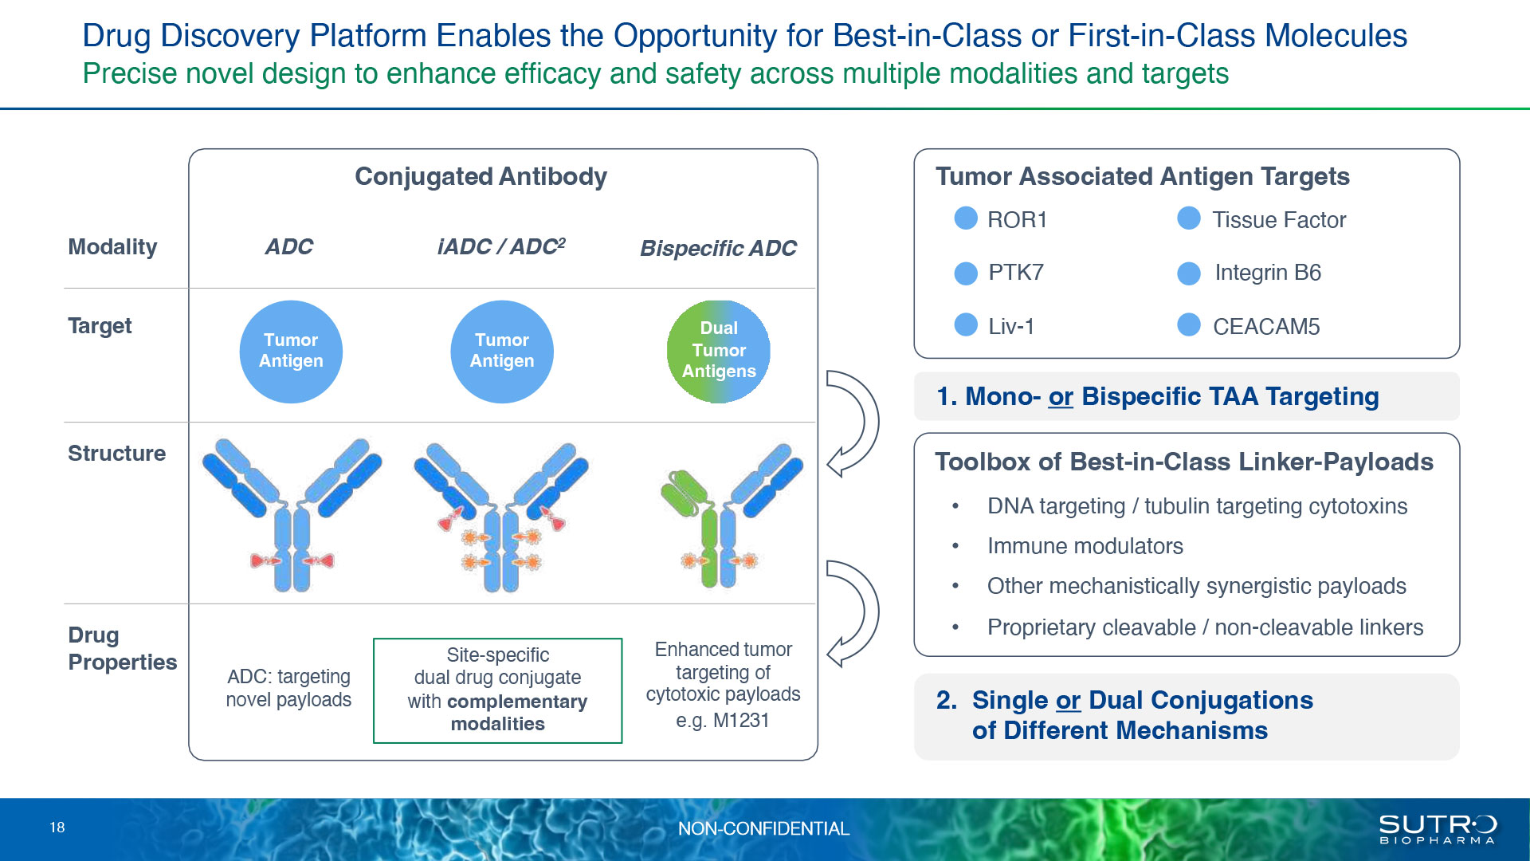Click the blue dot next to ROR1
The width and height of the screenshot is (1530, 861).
(966, 218)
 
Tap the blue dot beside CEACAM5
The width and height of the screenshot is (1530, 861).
(1189, 325)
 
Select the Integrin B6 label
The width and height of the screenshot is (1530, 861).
(1268, 273)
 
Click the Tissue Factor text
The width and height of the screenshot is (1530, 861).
(1279, 220)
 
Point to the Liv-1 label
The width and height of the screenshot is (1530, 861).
(1011, 326)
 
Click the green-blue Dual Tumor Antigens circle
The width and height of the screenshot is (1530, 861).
(719, 352)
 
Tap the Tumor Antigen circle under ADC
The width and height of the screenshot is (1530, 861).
(291, 352)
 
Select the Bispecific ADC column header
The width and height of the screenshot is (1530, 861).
(718, 249)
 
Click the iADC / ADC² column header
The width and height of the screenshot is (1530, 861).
(501, 246)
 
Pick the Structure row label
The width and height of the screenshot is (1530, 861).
(116, 454)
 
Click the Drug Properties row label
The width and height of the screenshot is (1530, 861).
(123, 649)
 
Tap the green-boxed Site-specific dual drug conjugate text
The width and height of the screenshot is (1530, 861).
(498, 690)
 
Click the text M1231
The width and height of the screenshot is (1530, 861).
(741, 721)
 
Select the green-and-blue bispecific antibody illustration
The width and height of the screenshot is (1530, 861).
(730, 516)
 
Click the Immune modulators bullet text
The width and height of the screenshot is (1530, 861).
(1085, 546)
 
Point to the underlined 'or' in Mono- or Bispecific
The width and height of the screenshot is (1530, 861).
(1061, 397)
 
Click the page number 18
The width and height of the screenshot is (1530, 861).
(57, 828)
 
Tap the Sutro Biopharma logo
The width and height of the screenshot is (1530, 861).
(1438, 829)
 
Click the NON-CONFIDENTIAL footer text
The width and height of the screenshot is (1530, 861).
(763, 829)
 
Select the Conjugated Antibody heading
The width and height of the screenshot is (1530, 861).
(481, 177)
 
